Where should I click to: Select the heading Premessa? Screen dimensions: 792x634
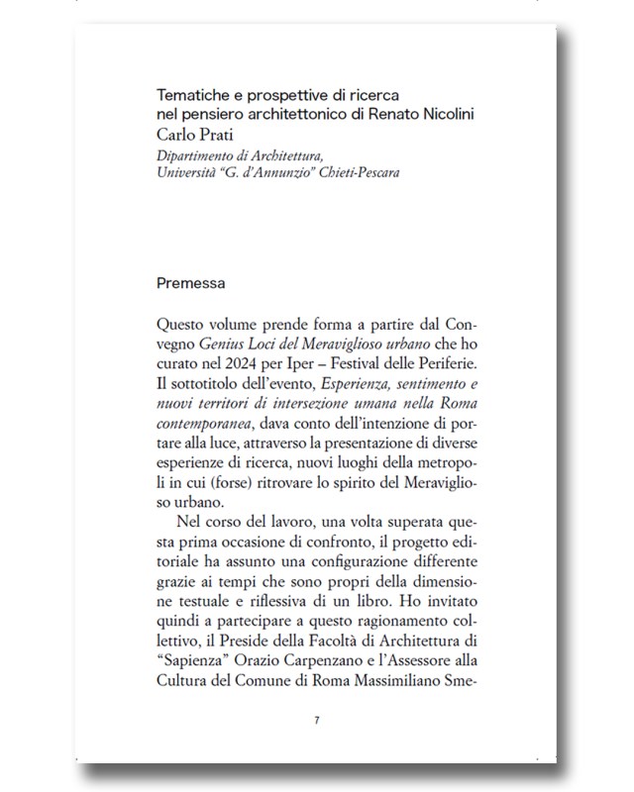(191, 283)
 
